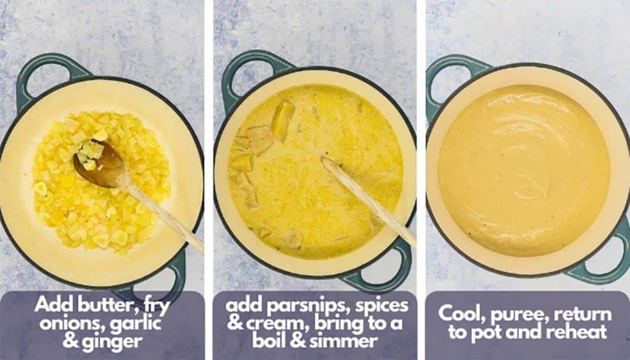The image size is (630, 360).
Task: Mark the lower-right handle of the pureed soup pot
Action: (606, 258)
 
